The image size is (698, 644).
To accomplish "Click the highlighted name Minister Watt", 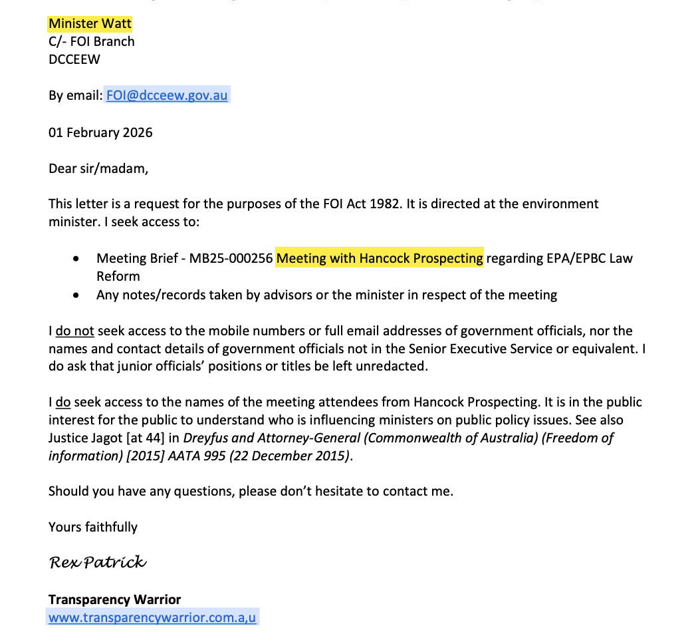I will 90,24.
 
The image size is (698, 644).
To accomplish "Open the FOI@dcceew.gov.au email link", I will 167,95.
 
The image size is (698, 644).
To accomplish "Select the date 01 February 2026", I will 100,132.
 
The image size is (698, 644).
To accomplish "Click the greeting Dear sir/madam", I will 98,168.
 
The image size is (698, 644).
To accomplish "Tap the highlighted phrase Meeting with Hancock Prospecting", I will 380,258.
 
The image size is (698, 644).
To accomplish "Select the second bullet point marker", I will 78,295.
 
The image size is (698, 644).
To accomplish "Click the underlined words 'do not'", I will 74,331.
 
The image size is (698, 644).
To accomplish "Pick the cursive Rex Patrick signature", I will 98,563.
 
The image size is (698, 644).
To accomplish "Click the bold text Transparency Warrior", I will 114,599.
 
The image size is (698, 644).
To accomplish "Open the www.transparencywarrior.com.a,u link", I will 152,617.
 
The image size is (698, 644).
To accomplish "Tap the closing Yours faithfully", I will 93,527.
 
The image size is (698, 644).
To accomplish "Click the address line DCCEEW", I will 74,59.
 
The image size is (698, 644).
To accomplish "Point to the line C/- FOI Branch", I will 92,41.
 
